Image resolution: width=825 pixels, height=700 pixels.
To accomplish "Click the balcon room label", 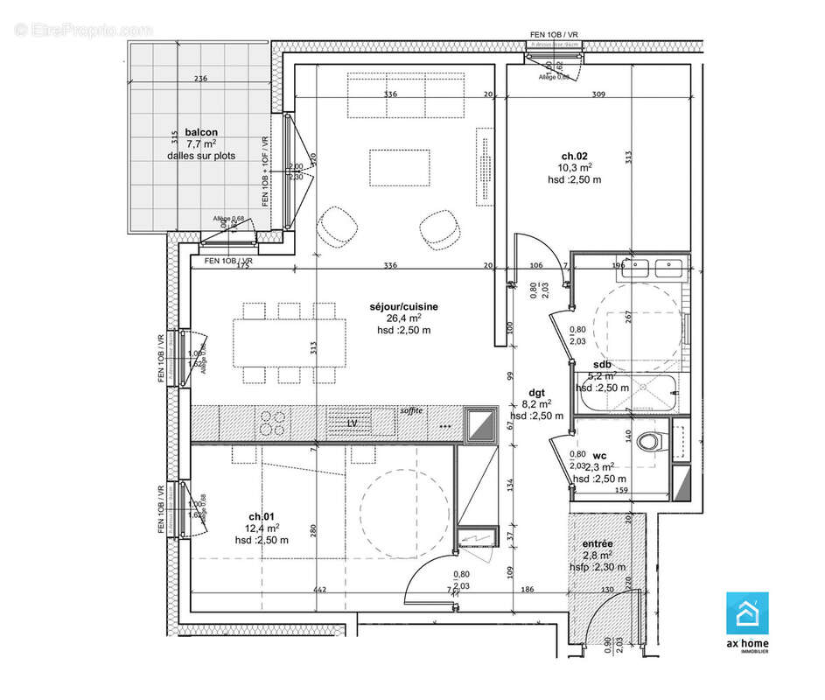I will pyautogui.click(x=201, y=132).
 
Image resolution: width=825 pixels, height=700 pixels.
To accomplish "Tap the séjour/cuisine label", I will pyautogui.click(x=403, y=306).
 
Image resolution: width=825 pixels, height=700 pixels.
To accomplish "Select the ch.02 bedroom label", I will pyautogui.click(x=574, y=154).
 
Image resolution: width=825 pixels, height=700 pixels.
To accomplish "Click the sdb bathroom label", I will pyautogui.click(x=602, y=364).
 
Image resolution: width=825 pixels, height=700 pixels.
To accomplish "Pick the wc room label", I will pyautogui.click(x=599, y=456).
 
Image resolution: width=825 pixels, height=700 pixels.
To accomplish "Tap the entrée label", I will pyautogui.click(x=598, y=543).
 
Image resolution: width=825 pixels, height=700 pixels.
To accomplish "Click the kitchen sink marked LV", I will pyautogui.click(x=353, y=423).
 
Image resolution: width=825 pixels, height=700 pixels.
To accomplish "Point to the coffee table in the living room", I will pyautogui.click(x=400, y=167).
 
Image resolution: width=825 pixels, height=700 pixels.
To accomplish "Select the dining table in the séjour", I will pyautogui.click(x=289, y=343).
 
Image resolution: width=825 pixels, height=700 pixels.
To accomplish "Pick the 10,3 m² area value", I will pyautogui.click(x=575, y=167).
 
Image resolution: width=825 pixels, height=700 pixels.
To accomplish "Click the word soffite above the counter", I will pyautogui.click(x=411, y=410).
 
